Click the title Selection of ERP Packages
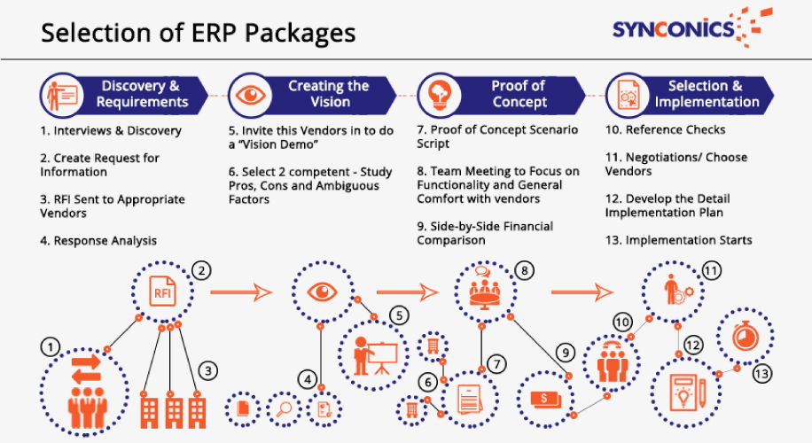(199, 33)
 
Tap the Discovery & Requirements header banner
(124, 94)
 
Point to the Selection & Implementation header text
(706, 94)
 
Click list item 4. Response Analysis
(104, 240)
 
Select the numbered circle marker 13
(761, 375)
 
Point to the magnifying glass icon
(285, 408)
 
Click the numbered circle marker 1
(52, 344)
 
